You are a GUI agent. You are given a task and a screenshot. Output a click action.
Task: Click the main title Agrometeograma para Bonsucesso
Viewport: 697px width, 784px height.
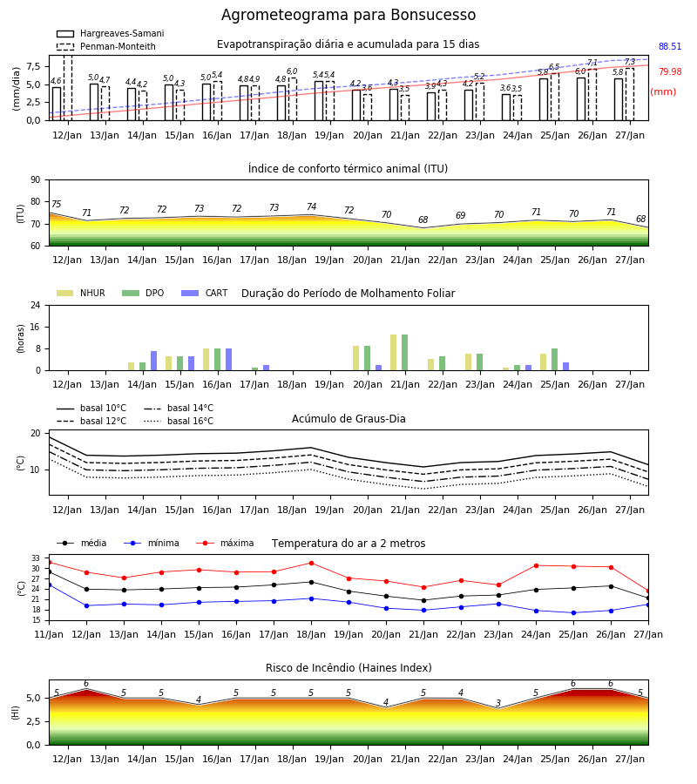(x=348, y=15)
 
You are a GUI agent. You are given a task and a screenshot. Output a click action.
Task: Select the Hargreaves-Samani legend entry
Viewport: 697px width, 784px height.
(x=111, y=33)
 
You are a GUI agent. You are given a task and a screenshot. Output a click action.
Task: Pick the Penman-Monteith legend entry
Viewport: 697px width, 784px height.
(x=106, y=46)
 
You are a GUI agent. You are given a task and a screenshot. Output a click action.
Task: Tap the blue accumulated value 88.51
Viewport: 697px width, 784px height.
(x=670, y=46)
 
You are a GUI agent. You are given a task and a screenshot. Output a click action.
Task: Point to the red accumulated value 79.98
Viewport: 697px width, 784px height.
(x=670, y=71)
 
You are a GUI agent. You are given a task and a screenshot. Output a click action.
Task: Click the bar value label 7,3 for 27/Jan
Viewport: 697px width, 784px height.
(x=630, y=62)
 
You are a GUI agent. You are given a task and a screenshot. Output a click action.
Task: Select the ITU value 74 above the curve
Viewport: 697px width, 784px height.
(x=312, y=206)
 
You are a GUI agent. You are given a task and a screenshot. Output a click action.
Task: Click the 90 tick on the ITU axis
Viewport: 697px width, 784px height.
(x=36, y=180)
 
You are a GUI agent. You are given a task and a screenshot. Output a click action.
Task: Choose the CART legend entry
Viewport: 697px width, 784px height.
(x=205, y=293)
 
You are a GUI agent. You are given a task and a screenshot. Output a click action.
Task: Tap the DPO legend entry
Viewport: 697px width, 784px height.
(x=143, y=293)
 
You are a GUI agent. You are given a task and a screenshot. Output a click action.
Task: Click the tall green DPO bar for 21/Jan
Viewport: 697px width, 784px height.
(x=404, y=353)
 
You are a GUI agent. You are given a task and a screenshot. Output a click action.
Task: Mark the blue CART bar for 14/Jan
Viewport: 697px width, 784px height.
(x=153, y=361)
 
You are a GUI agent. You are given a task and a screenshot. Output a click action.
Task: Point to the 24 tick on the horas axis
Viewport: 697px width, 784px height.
(x=36, y=305)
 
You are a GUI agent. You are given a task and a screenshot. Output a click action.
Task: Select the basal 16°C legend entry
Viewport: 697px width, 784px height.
(x=179, y=421)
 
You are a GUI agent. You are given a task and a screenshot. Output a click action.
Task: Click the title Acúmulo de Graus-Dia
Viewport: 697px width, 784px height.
(x=348, y=419)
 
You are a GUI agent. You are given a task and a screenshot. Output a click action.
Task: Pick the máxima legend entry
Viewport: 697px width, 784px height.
(x=225, y=543)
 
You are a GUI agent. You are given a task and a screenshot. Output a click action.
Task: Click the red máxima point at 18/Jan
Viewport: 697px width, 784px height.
(x=312, y=563)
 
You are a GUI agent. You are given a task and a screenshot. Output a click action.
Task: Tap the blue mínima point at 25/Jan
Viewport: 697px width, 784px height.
(x=573, y=612)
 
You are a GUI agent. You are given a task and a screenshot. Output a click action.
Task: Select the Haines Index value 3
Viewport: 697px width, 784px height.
(x=498, y=703)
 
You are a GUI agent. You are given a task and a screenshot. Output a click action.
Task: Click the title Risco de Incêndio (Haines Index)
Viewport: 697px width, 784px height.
(x=348, y=668)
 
